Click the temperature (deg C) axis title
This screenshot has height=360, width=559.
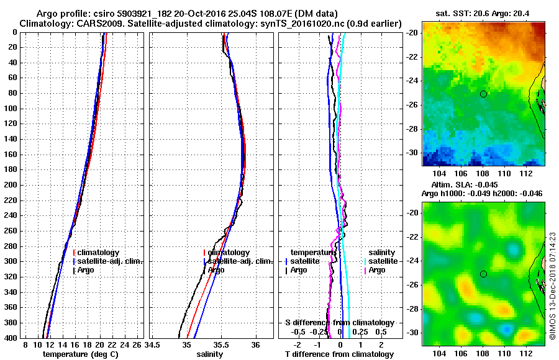point(80,354)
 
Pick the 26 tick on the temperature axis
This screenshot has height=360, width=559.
point(139,344)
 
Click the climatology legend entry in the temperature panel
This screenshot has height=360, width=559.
point(97,253)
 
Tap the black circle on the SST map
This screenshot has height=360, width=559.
point(483,94)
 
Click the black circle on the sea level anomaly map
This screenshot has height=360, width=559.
point(483,274)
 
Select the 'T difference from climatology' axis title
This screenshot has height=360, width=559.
point(339,354)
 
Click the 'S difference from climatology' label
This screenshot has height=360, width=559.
point(340,323)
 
